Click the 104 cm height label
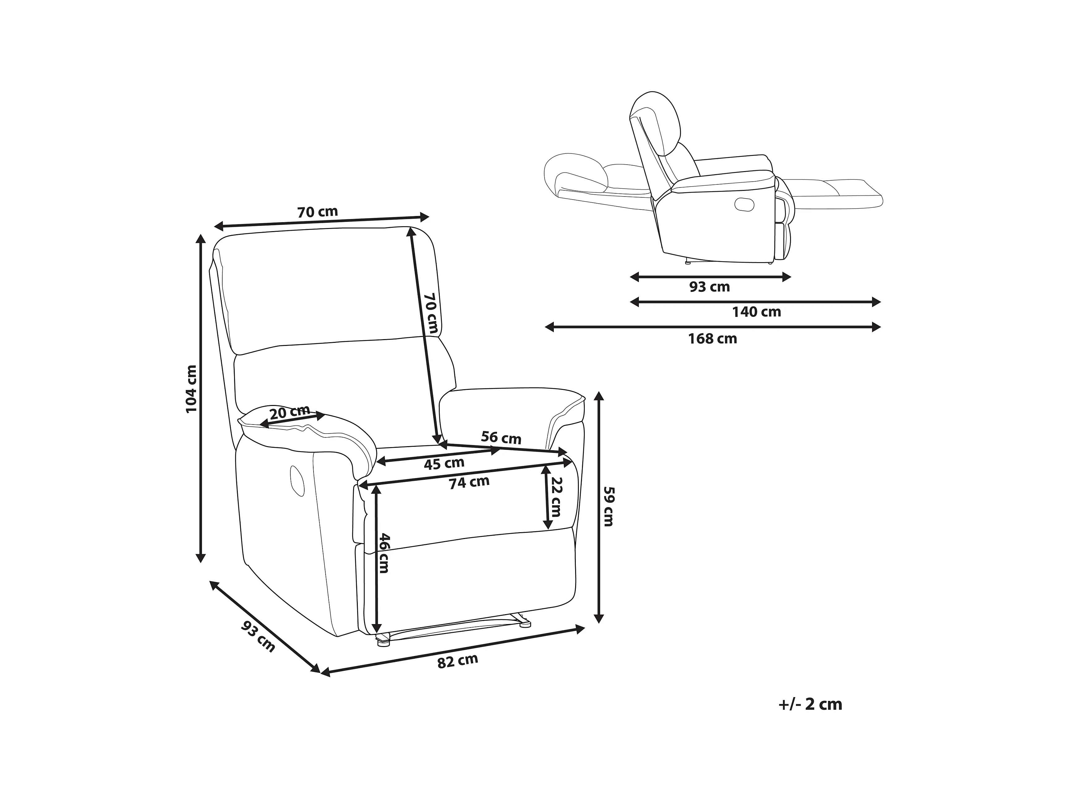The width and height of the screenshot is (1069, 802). tap(192, 389)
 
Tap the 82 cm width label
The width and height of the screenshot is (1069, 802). tap(457, 661)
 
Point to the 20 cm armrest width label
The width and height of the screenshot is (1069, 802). tap(289, 412)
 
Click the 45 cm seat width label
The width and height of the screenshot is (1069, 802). tap(444, 464)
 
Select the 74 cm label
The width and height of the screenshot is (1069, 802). tap(469, 482)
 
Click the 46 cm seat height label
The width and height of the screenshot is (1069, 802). tap(384, 553)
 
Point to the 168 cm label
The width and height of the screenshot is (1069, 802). tap(712, 339)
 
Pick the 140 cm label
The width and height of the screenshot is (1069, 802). tap(756, 312)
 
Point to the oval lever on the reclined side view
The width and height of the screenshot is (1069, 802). tap(744, 204)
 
